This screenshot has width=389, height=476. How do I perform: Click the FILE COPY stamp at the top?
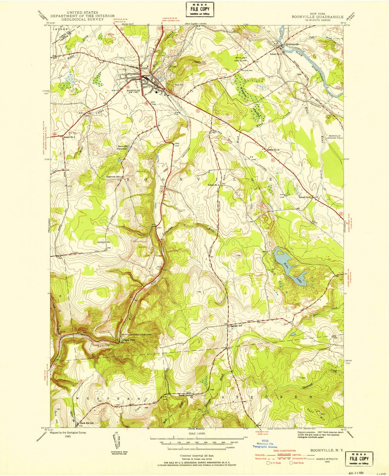tap(200, 9)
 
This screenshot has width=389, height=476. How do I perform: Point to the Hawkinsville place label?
tap(292, 44)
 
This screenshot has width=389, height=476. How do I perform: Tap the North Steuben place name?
tap(187, 395)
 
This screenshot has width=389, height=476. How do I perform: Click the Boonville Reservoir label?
tap(122, 147)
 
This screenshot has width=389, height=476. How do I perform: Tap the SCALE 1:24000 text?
tap(194, 433)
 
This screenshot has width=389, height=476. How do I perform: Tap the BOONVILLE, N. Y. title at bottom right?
tap(327, 450)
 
